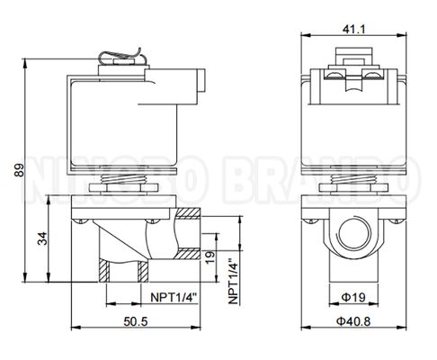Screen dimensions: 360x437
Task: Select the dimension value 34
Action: click(x=42, y=238)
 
